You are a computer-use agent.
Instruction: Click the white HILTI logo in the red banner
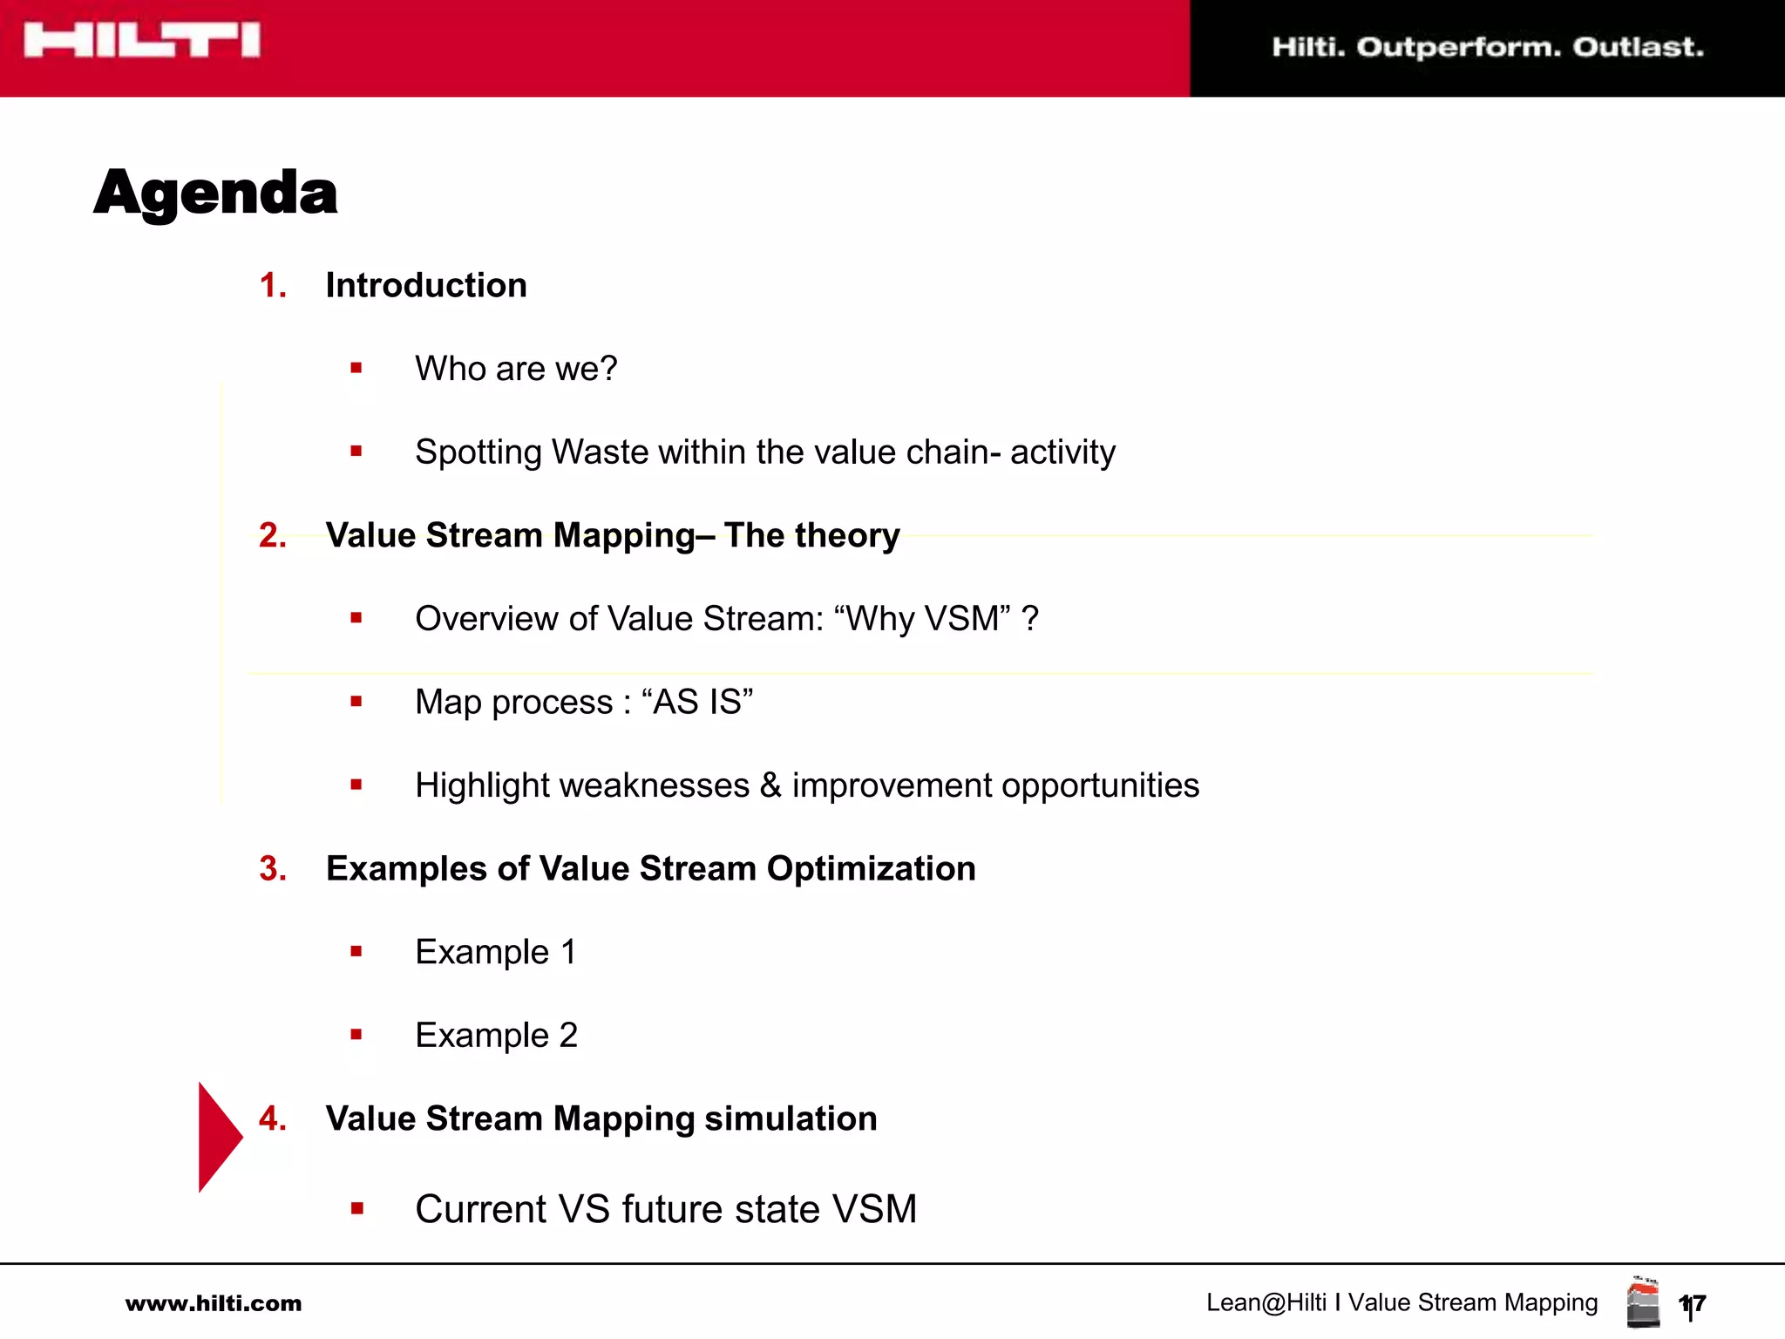[x=142, y=41]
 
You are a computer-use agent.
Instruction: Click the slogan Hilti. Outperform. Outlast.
[x=1487, y=47]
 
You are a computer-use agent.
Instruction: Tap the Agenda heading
[x=215, y=193]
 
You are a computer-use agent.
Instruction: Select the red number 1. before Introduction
[x=273, y=286]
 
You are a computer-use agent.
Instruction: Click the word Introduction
[x=426, y=286]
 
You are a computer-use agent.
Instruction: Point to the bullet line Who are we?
[x=516, y=369]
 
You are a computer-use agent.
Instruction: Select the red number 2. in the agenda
[x=273, y=535]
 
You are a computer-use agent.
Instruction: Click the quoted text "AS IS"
[x=697, y=702]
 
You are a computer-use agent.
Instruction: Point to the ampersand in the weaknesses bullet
[x=770, y=785]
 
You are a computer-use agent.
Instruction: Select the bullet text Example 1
[x=495, y=952]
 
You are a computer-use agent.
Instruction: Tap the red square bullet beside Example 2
[x=356, y=1036]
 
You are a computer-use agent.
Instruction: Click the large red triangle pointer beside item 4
[x=217, y=1137]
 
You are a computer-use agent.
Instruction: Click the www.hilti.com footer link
[x=214, y=1304]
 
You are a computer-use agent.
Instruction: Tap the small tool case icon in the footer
[x=1643, y=1302]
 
